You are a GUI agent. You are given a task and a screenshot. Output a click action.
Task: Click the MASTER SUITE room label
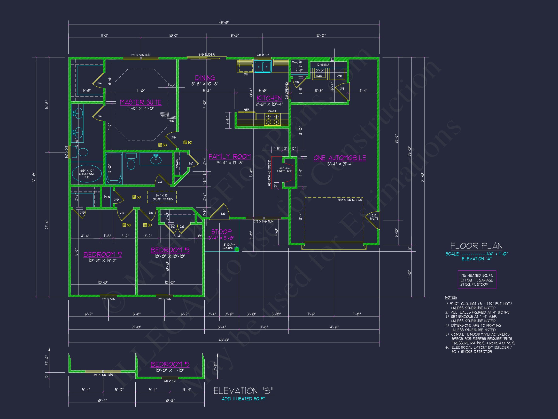pyautogui.click(x=140, y=102)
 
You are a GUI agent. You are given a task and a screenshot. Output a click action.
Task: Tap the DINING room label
pyautogui.click(x=205, y=78)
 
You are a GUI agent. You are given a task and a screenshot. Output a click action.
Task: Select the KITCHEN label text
pyautogui.click(x=269, y=98)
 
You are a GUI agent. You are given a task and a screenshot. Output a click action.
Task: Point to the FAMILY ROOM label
pyautogui.click(x=230, y=157)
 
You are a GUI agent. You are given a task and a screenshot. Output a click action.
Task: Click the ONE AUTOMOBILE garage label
pyautogui.click(x=340, y=158)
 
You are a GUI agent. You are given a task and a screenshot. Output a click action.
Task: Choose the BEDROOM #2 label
pyautogui.click(x=103, y=254)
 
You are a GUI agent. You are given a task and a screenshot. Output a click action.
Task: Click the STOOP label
pyautogui.click(x=221, y=232)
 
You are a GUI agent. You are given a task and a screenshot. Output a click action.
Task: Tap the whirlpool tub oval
pyautogui.click(x=87, y=174)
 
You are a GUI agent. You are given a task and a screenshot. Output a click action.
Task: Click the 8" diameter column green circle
pyautogui.click(x=237, y=250)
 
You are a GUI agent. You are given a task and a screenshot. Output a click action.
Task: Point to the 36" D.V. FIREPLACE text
pyautogui.click(x=284, y=169)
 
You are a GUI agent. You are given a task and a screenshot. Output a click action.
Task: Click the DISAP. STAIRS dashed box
pyautogui.click(x=162, y=197)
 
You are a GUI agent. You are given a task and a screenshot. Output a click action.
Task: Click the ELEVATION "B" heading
pyautogui.click(x=243, y=391)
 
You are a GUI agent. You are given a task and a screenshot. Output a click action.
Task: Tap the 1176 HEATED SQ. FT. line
pyautogui.click(x=477, y=275)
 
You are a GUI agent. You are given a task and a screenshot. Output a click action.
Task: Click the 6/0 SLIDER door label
pyautogui.click(x=206, y=55)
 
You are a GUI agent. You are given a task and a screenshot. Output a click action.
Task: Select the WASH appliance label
pyautogui.click(x=320, y=76)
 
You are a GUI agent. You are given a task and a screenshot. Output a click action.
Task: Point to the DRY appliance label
pyautogui.click(x=339, y=76)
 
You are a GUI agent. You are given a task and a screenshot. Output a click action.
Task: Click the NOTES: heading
pyautogui.click(x=451, y=298)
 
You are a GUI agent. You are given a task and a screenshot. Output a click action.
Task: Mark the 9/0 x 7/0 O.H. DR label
pyautogui.click(x=350, y=200)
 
